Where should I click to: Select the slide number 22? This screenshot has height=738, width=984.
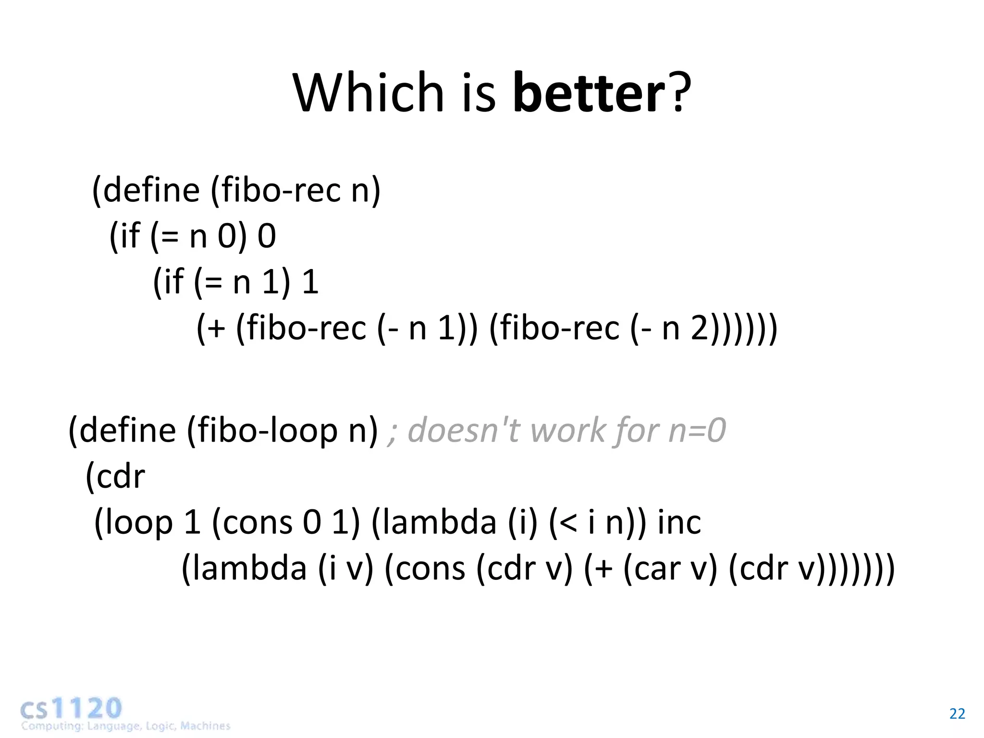tap(957, 714)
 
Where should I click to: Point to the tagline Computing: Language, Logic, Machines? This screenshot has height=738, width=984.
tap(125, 726)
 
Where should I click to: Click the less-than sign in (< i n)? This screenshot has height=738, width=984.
tap(568, 523)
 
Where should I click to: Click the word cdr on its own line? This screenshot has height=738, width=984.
tap(121, 477)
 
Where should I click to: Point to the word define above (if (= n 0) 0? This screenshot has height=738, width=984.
tap(151, 190)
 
